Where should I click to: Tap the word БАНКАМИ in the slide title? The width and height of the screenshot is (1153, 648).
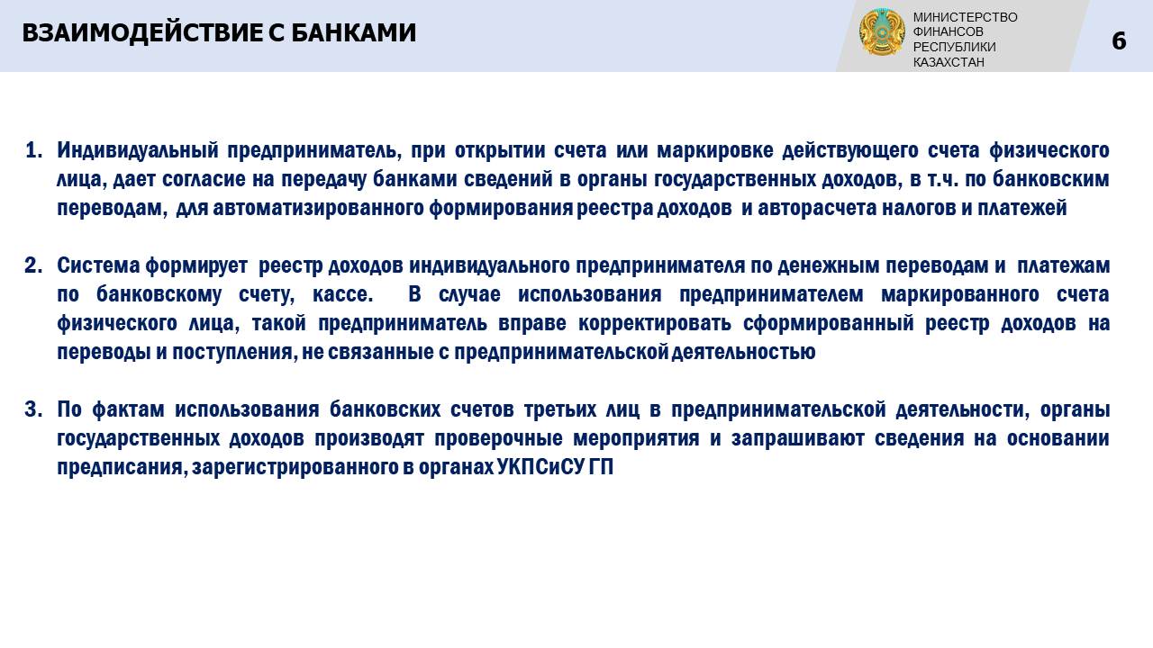click(354, 33)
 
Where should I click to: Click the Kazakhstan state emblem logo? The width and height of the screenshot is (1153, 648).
click(882, 31)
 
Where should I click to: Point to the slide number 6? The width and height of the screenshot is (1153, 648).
click(1119, 41)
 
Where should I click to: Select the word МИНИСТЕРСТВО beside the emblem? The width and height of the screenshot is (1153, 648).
click(965, 17)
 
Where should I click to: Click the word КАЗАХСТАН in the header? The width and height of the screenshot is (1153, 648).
click(949, 62)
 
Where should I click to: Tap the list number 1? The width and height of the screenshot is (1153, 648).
click(33, 150)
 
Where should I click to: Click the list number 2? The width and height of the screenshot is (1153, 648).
click(33, 265)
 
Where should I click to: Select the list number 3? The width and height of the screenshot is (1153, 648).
click(33, 409)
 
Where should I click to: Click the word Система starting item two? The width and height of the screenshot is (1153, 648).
click(98, 265)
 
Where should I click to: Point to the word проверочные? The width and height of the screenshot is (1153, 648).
click(498, 438)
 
